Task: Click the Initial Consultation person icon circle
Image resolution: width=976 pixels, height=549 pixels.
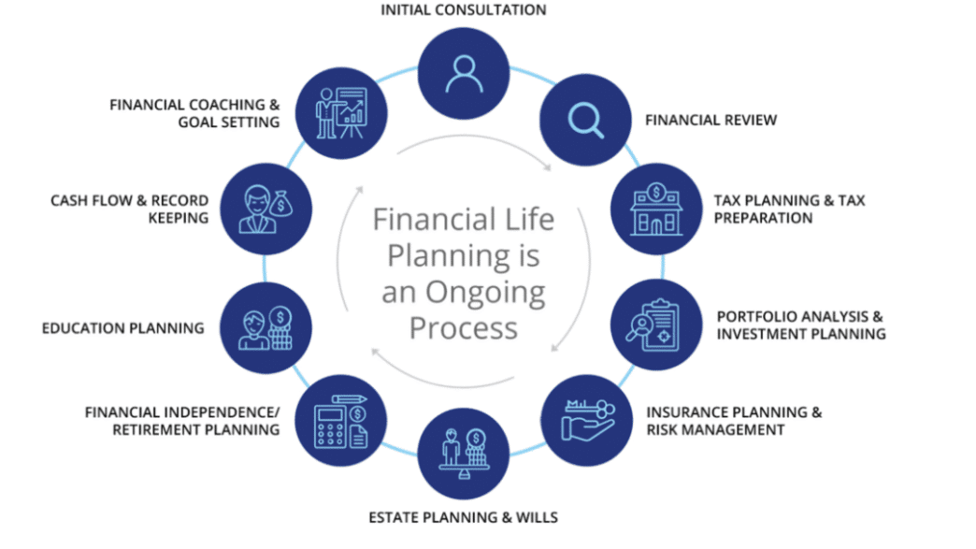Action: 464,74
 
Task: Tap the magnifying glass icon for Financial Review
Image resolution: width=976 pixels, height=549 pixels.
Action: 586,120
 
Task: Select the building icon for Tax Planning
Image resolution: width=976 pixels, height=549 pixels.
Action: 656,209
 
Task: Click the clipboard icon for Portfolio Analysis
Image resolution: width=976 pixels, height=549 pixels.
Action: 653,325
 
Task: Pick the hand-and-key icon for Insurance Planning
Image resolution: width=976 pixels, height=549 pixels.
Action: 588,421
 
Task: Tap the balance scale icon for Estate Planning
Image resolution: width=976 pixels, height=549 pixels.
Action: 464,454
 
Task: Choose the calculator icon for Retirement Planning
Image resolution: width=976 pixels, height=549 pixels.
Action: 340,421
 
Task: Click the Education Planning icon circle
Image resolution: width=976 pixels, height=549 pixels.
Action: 266,328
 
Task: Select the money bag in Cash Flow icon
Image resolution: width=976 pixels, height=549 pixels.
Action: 281,203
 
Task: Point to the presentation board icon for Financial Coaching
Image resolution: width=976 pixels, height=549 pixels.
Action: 342,113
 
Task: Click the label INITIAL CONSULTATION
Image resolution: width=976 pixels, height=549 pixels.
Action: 464,10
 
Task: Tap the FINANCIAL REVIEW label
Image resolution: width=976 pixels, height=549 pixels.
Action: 710,120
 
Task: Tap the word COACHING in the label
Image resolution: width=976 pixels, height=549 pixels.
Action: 228,105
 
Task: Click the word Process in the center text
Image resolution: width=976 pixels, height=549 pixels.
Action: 464,328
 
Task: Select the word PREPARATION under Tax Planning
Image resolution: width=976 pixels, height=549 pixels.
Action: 763,218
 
